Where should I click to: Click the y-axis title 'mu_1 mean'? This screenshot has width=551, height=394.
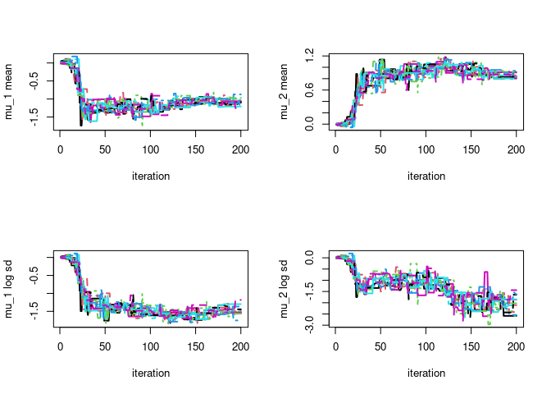click(x=11, y=91)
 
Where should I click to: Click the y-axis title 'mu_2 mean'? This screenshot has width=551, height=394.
click(x=287, y=91)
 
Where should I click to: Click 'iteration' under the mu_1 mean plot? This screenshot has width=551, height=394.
click(x=151, y=176)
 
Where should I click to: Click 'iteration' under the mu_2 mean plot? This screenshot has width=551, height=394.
click(x=426, y=176)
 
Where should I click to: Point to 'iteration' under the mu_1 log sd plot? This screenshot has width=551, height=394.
click(x=151, y=373)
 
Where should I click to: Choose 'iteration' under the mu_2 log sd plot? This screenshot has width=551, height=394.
click(x=426, y=373)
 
